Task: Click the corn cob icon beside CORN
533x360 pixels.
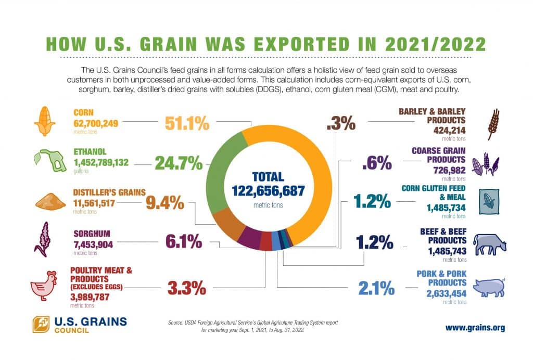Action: pos(44,122)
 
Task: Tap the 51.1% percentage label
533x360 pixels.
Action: pos(187,124)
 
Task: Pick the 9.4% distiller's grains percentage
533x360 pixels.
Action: pos(165,203)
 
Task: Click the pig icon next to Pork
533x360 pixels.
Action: pos(489,286)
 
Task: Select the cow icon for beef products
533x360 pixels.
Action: pos(489,243)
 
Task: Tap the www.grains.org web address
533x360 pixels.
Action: pos(475,328)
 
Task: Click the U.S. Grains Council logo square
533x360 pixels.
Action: pos(42,325)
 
